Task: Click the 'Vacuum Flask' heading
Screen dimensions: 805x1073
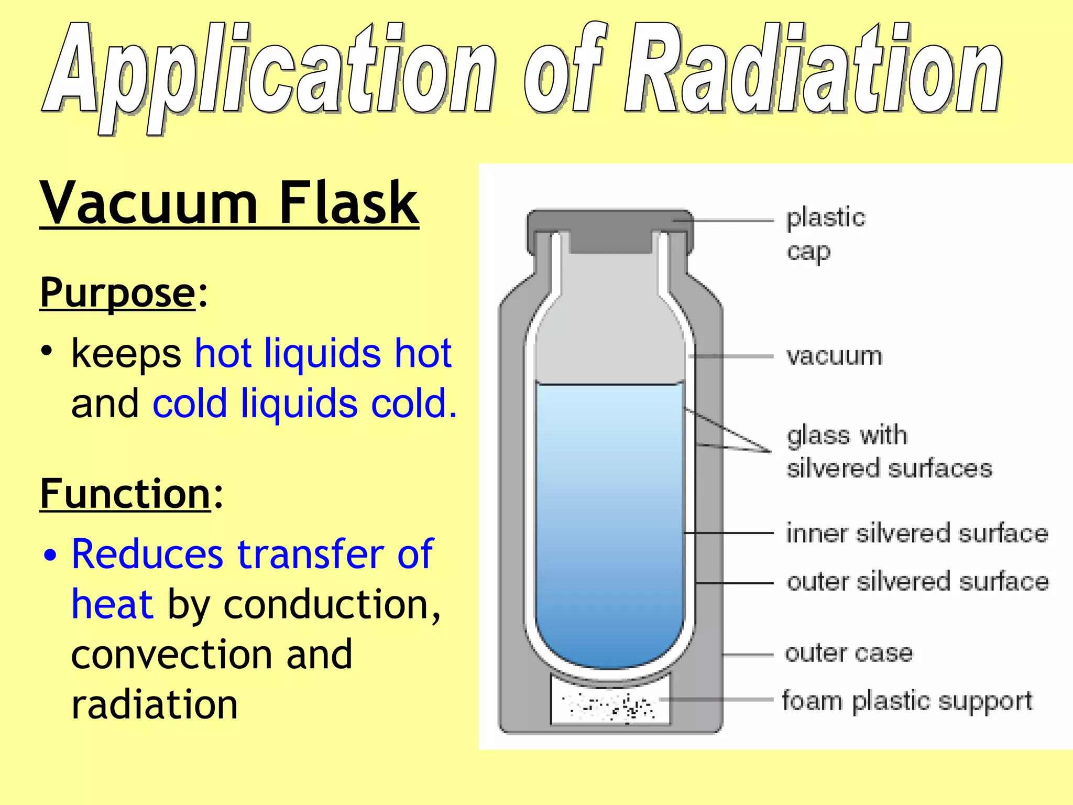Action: (x=229, y=203)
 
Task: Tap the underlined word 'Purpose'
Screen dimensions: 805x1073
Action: (x=117, y=292)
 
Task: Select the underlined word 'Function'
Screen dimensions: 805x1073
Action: (x=125, y=494)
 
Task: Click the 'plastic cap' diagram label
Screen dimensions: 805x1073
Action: (x=826, y=234)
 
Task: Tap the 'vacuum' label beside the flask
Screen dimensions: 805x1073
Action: (x=834, y=356)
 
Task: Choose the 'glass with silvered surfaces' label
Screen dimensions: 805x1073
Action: (x=889, y=452)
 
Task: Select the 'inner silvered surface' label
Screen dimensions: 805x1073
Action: (x=917, y=534)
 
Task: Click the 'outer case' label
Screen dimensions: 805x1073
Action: (x=849, y=653)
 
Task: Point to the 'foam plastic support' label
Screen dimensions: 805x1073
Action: (x=907, y=701)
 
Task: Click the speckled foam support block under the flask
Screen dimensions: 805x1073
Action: (x=609, y=705)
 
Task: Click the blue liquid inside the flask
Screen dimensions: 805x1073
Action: (x=610, y=524)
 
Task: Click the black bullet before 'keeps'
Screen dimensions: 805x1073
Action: (x=47, y=351)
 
